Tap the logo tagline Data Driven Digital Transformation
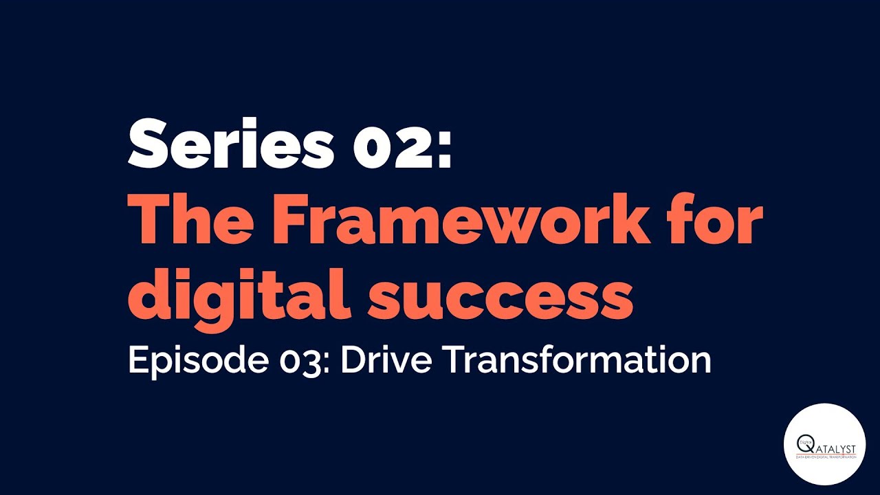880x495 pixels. (x=825, y=457)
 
